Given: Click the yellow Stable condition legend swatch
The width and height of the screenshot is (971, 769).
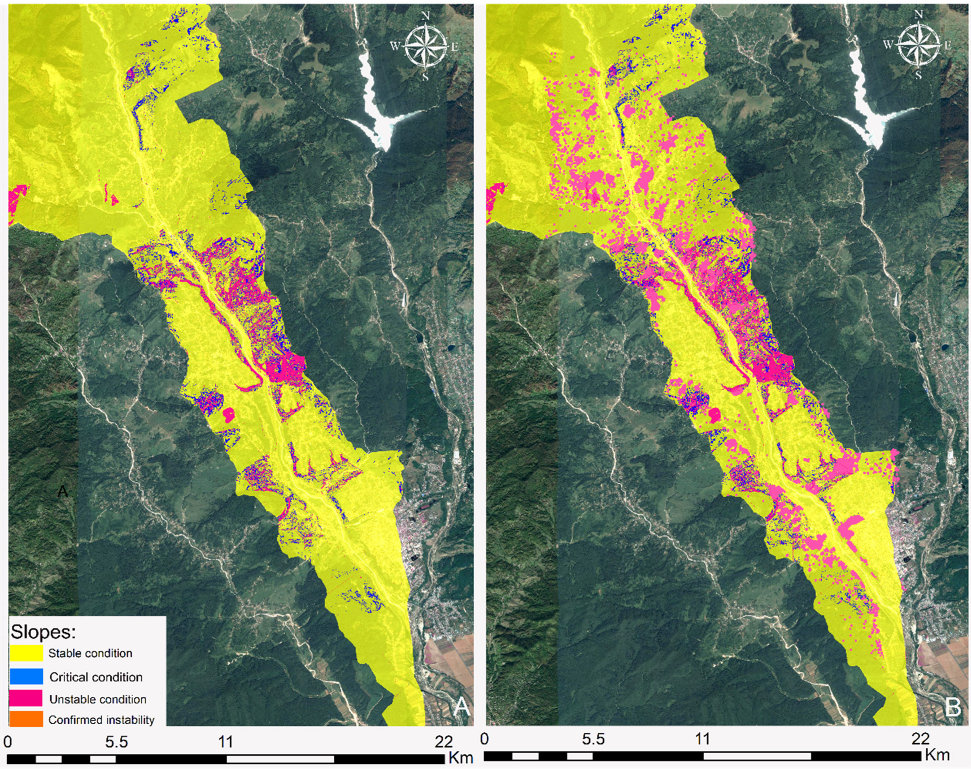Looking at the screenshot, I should pyautogui.click(x=25, y=653).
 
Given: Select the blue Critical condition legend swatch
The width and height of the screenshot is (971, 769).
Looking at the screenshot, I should pyautogui.click(x=25, y=676).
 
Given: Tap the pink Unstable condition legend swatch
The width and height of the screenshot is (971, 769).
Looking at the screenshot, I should pyautogui.click(x=25, y=698).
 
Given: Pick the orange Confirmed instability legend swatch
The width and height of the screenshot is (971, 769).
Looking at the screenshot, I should pyautogui.click(x=25, y=720).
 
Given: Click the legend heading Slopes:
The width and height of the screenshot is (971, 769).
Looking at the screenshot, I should pyautogui.click(x=43, y=631).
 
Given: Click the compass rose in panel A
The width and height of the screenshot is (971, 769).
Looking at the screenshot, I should pyautogui.click(x=425, y=47).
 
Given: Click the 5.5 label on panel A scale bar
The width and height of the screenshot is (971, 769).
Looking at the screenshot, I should pyautogui.click(x=116, y=742).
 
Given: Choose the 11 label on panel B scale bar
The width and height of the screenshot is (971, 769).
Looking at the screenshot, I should pyautogui.click(x=702, y=738).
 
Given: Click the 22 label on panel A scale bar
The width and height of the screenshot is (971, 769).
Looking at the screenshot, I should pyautogui.click(x=444, y=742).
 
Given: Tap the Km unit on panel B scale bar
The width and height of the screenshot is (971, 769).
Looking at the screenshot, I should pyautogui.click(x=937, y=755).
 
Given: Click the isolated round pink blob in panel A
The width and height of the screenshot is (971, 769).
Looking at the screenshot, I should pyautogui.click(x=229, y=415).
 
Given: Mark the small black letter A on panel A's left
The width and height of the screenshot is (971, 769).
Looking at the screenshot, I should pyautogui.click(x=62, y=491).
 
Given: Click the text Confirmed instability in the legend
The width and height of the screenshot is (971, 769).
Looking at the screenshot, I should pyautogui.click(x=101, y=720).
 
